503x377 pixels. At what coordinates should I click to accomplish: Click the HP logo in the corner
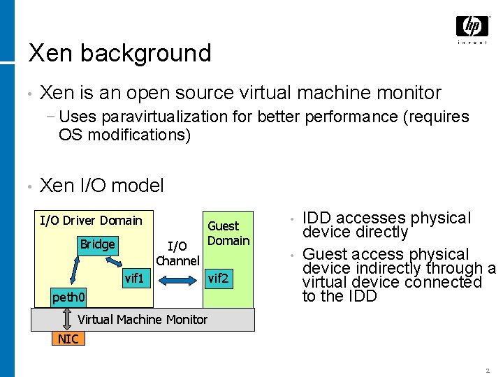[472, 28]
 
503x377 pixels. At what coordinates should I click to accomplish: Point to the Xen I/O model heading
[102, 185]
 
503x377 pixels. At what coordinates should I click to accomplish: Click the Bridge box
[97, 244]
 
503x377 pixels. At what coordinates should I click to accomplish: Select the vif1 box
[133, 279]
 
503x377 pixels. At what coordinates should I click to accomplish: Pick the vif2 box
[218, 279]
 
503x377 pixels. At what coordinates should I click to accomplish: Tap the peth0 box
[68, 298]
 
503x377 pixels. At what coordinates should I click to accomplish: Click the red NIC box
[68, 339]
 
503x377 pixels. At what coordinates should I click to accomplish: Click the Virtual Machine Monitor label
[143, 320]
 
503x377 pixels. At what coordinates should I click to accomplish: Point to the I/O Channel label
[177, 253]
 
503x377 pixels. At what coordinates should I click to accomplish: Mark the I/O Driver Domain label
[91, 221]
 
